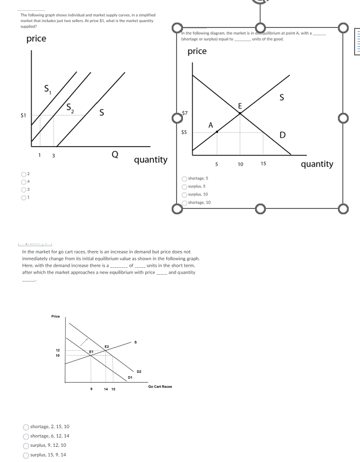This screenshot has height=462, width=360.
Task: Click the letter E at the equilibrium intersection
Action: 240,106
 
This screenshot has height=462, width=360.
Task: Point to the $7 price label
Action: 184,113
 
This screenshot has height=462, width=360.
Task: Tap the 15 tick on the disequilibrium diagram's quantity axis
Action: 263,163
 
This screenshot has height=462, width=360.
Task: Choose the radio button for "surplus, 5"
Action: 184,186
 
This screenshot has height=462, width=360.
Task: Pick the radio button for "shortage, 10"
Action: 184,202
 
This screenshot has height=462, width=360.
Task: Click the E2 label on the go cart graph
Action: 106,346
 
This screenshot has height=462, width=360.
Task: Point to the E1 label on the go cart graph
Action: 91,352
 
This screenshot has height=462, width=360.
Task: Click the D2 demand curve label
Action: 139,372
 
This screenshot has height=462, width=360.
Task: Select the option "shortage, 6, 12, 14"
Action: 26,436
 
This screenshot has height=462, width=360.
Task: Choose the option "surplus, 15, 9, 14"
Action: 26,454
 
